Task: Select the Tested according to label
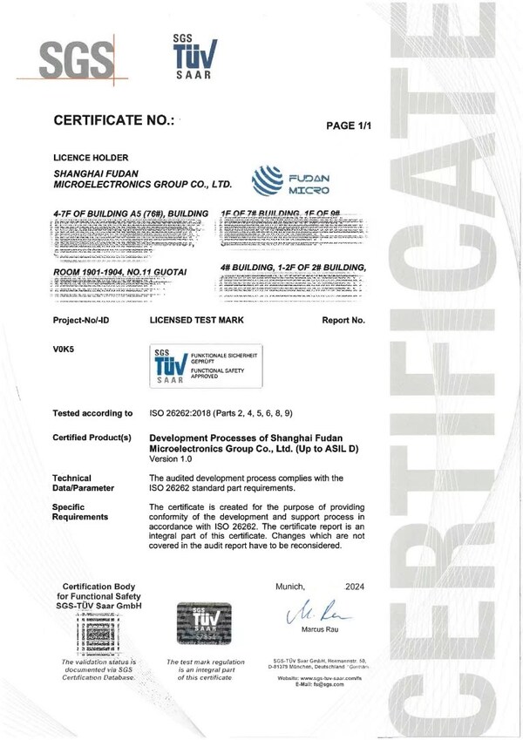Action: pos(93,413)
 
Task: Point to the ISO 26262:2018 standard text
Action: pos(231,413)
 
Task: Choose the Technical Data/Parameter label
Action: pos(84,483)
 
